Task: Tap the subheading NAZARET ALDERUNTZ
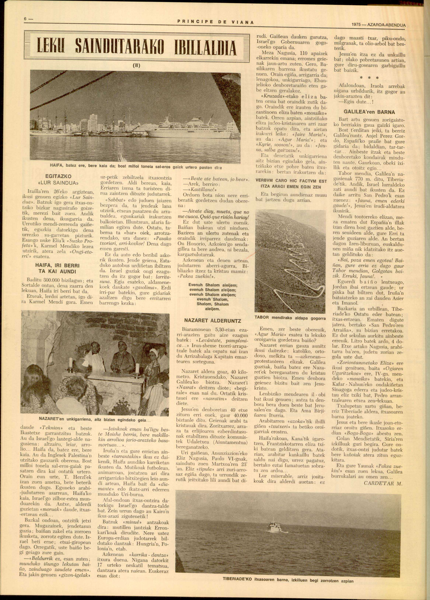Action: point(212,321)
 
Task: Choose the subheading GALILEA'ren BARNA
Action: point(369,112)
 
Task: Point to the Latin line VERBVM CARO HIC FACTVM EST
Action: point(291,181)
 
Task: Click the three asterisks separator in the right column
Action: point(369,78)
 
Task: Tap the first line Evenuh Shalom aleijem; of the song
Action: point(213,285)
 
